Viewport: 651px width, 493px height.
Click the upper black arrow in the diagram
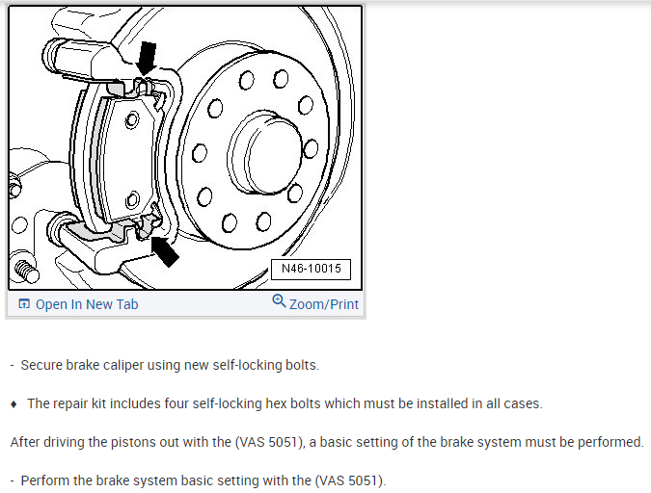[146, 58]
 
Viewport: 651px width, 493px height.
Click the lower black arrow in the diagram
[165, 252]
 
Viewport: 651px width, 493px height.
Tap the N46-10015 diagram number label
[311, 269]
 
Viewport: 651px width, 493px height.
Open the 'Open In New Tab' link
[87, 304]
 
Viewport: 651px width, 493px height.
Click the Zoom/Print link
[323, 304]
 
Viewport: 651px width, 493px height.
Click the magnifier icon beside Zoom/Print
[279, 302]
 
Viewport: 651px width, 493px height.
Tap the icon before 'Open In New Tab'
[24, 304]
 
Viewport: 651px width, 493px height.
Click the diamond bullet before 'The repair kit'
[14, 403]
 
